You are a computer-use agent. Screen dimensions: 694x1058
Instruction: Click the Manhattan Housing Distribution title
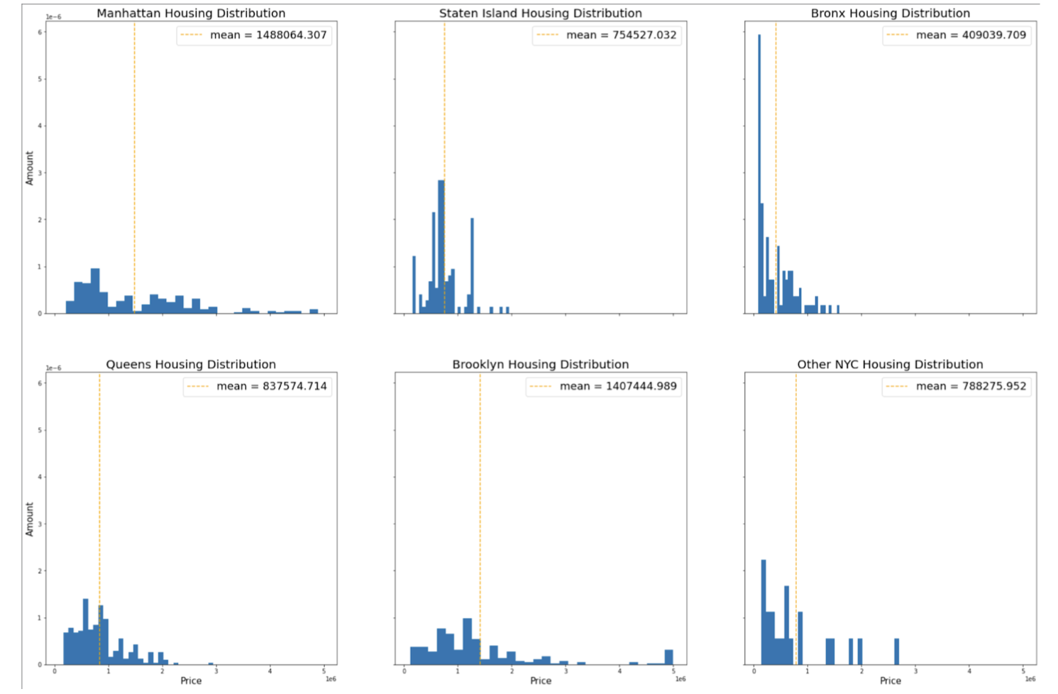click(x=191, y=13)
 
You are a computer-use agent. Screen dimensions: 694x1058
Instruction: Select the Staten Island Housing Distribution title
click(x=540, y=13)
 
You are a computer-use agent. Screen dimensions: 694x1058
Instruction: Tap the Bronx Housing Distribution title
click(x=890, y=13)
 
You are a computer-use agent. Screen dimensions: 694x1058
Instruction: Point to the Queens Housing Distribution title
click(x=191, y=364)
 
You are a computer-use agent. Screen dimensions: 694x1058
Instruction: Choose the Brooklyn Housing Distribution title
click(x=540, y=364)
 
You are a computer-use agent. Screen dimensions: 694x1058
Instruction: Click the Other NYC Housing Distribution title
click(x=890, y=364)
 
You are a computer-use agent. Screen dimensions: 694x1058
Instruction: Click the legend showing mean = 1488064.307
click(x=254, y=35)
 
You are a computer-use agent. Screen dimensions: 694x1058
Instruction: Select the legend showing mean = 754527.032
click(x=607, y=35)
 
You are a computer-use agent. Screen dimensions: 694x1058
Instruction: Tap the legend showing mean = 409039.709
click(x=956, y=35)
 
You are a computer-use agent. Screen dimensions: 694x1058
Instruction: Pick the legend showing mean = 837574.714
click(x=257, y=386)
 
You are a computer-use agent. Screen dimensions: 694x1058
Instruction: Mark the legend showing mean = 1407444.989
click(x=603, y=386)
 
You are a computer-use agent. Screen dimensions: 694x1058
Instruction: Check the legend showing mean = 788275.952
click(x=956, y=386)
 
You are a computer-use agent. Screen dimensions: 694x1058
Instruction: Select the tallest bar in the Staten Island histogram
click(x=441, y=248)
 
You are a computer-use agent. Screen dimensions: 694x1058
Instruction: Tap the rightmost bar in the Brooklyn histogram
click(x=668, y=657)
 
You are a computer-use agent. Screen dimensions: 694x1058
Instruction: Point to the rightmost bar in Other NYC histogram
click(x=896, y=651)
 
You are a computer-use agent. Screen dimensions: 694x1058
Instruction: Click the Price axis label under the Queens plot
click(x=191, y=681)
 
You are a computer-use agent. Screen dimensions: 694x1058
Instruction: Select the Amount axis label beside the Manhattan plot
click(x=30, y=168)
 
